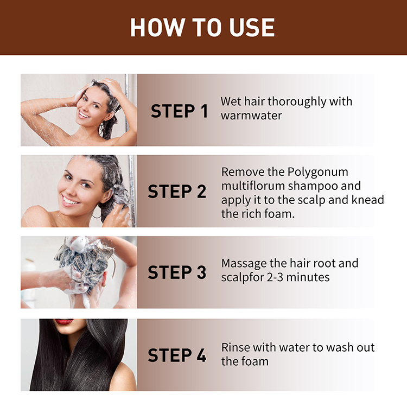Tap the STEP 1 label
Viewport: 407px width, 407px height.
coord(179,111)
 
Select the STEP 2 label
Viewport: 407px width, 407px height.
coord(177,192)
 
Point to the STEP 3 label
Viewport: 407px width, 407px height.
coord(177,272)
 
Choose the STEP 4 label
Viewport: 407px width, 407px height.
coord(177,355)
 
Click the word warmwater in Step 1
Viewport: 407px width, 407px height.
coord(251,116)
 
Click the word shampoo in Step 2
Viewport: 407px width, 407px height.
coord(314,186)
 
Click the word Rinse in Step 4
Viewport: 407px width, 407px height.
coord(236,347)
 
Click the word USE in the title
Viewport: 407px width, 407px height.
coord(251,28)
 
